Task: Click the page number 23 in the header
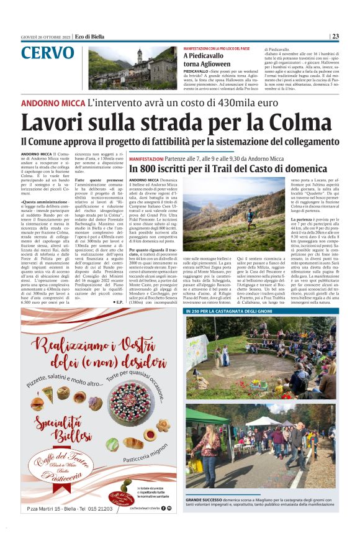coord(335,36)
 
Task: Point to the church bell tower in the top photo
coord(140,58)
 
